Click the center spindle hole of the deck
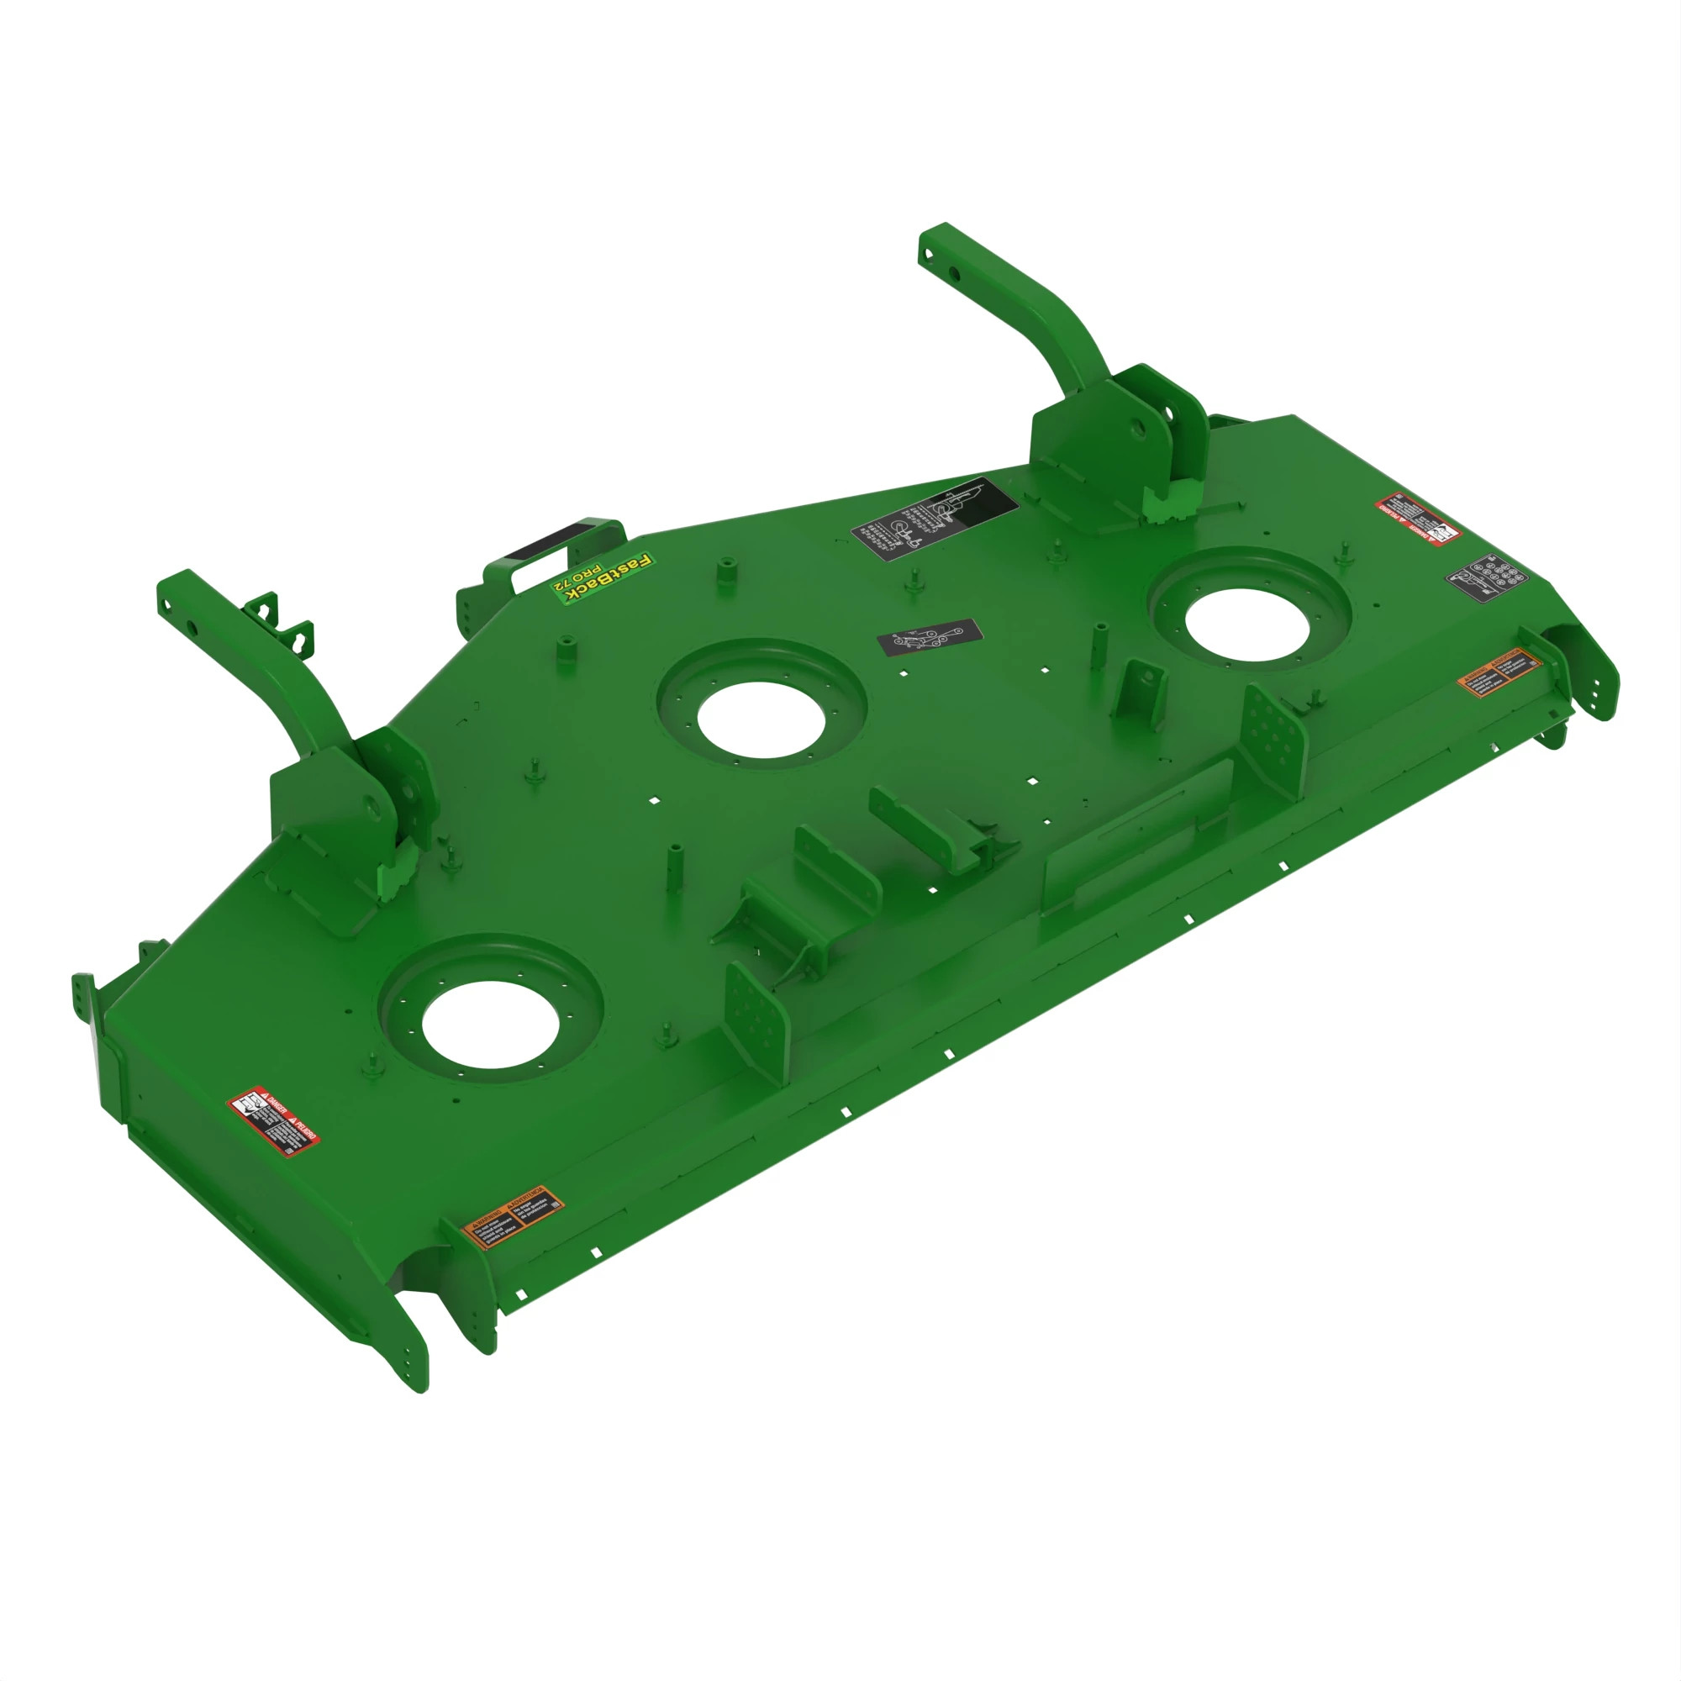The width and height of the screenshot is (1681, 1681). coord(761,718)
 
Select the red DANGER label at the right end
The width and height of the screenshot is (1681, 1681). coord(1417,519)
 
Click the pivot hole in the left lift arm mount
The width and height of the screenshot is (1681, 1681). coord(375,806)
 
